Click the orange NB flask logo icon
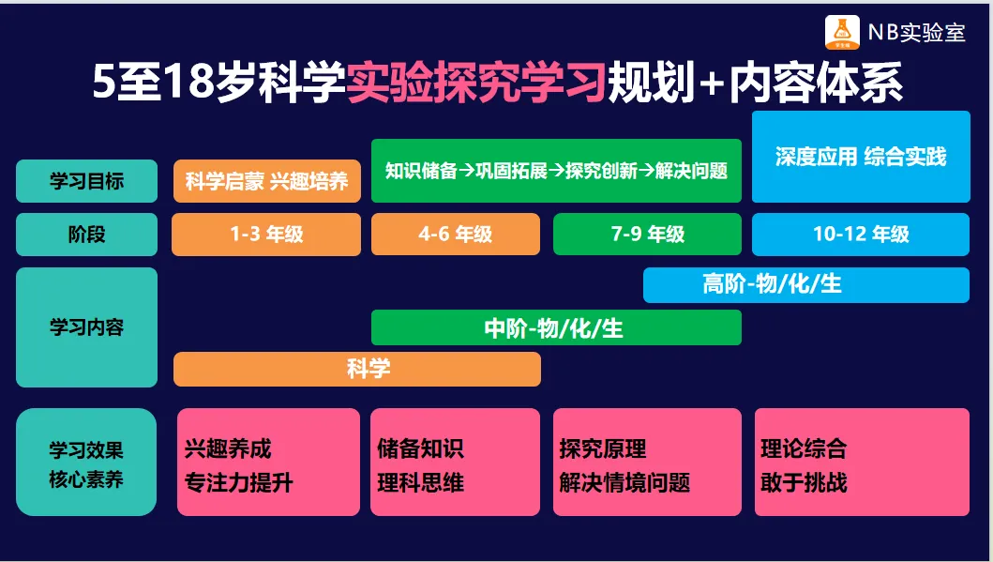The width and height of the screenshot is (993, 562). (x=842, y=32)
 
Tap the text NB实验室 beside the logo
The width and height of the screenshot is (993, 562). (x=916, y=33)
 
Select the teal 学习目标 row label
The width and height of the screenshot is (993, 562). (x=87, y=181)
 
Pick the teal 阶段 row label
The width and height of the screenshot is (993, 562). (x=87, y=235)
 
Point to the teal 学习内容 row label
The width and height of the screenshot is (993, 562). (x=87, y=327)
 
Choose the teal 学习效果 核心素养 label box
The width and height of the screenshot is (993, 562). (x=86, y=462)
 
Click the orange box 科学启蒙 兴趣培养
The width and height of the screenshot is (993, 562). (x=267, y=181)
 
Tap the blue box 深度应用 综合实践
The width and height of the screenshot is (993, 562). (x=861, y=157)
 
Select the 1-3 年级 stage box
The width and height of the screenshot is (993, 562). (x=266, y=235)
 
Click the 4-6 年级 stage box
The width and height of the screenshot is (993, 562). (x=456, y=235)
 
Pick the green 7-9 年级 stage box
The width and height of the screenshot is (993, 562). (x=647, y=235)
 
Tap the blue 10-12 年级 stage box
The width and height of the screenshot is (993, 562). (x=861, y=235)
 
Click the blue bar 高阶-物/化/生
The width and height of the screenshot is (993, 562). (x=806, y=285)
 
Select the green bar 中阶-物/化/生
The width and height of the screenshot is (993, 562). (x=556, y=327)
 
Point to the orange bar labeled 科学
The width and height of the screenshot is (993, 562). (x=357, y=370)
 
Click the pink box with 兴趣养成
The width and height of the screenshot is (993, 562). (x=268, y=462)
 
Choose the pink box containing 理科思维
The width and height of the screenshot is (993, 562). (x=456, y=462)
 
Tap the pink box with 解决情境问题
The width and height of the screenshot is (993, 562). (x=647, y=462)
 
